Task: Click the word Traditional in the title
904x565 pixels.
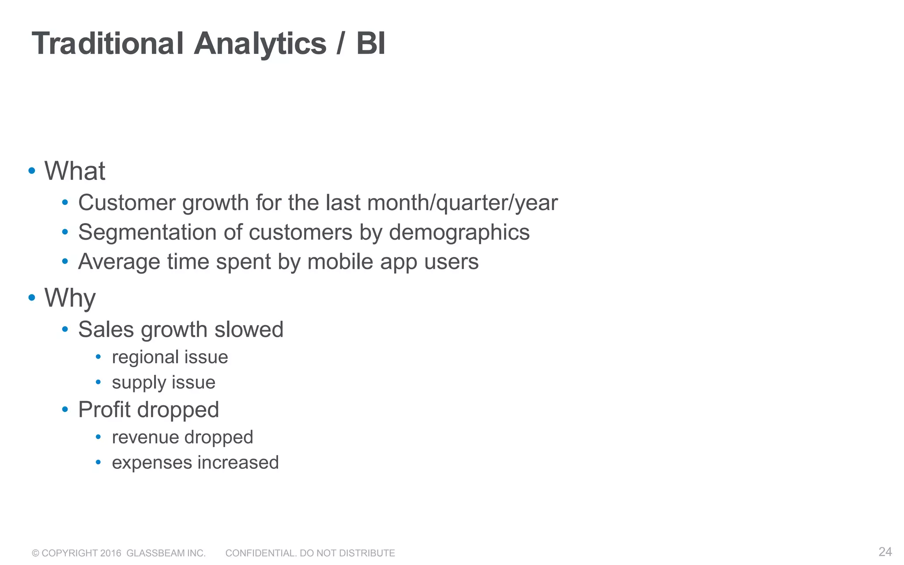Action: click(x=108, y=44)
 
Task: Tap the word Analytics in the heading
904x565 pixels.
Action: click(x=260, y=44)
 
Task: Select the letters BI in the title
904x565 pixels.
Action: click(x=371, y=44)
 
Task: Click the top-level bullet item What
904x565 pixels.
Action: click(x=75, y=171)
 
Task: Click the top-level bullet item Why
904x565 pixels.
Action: click(x=70, y=298)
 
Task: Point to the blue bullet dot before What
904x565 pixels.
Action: click(x=32, y=171)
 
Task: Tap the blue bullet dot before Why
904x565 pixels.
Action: click(x=32, y=298)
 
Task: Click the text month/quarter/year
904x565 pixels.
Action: click(x=462, y=203)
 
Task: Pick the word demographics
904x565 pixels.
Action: click(x=459, y=233)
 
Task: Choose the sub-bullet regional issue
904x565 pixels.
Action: click(x=170, y=357)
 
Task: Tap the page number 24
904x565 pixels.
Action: click(x=885, y=552)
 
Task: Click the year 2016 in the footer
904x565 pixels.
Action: click(x=110, y=553)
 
